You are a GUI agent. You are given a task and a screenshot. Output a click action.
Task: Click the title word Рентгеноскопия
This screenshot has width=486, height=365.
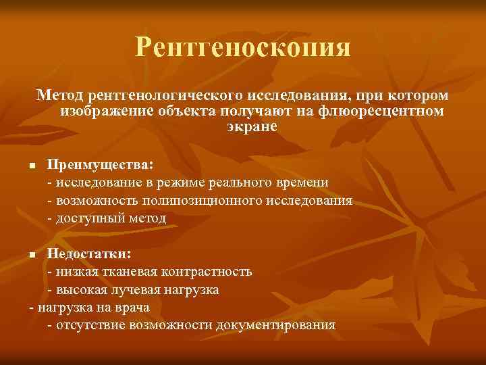pos(243,47)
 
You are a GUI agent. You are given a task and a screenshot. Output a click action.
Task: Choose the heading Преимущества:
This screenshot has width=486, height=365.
pos(100,165)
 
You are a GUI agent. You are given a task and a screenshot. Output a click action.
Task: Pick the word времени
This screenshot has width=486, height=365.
pos(303,182)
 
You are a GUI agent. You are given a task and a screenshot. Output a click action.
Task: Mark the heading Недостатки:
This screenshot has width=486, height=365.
pos(89,254)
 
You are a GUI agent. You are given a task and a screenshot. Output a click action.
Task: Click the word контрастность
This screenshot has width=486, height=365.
pos(209,272)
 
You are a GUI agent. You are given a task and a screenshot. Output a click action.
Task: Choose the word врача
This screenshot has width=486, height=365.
pos(133,307)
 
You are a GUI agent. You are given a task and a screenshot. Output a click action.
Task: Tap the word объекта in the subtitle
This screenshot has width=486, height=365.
pos(175,111)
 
